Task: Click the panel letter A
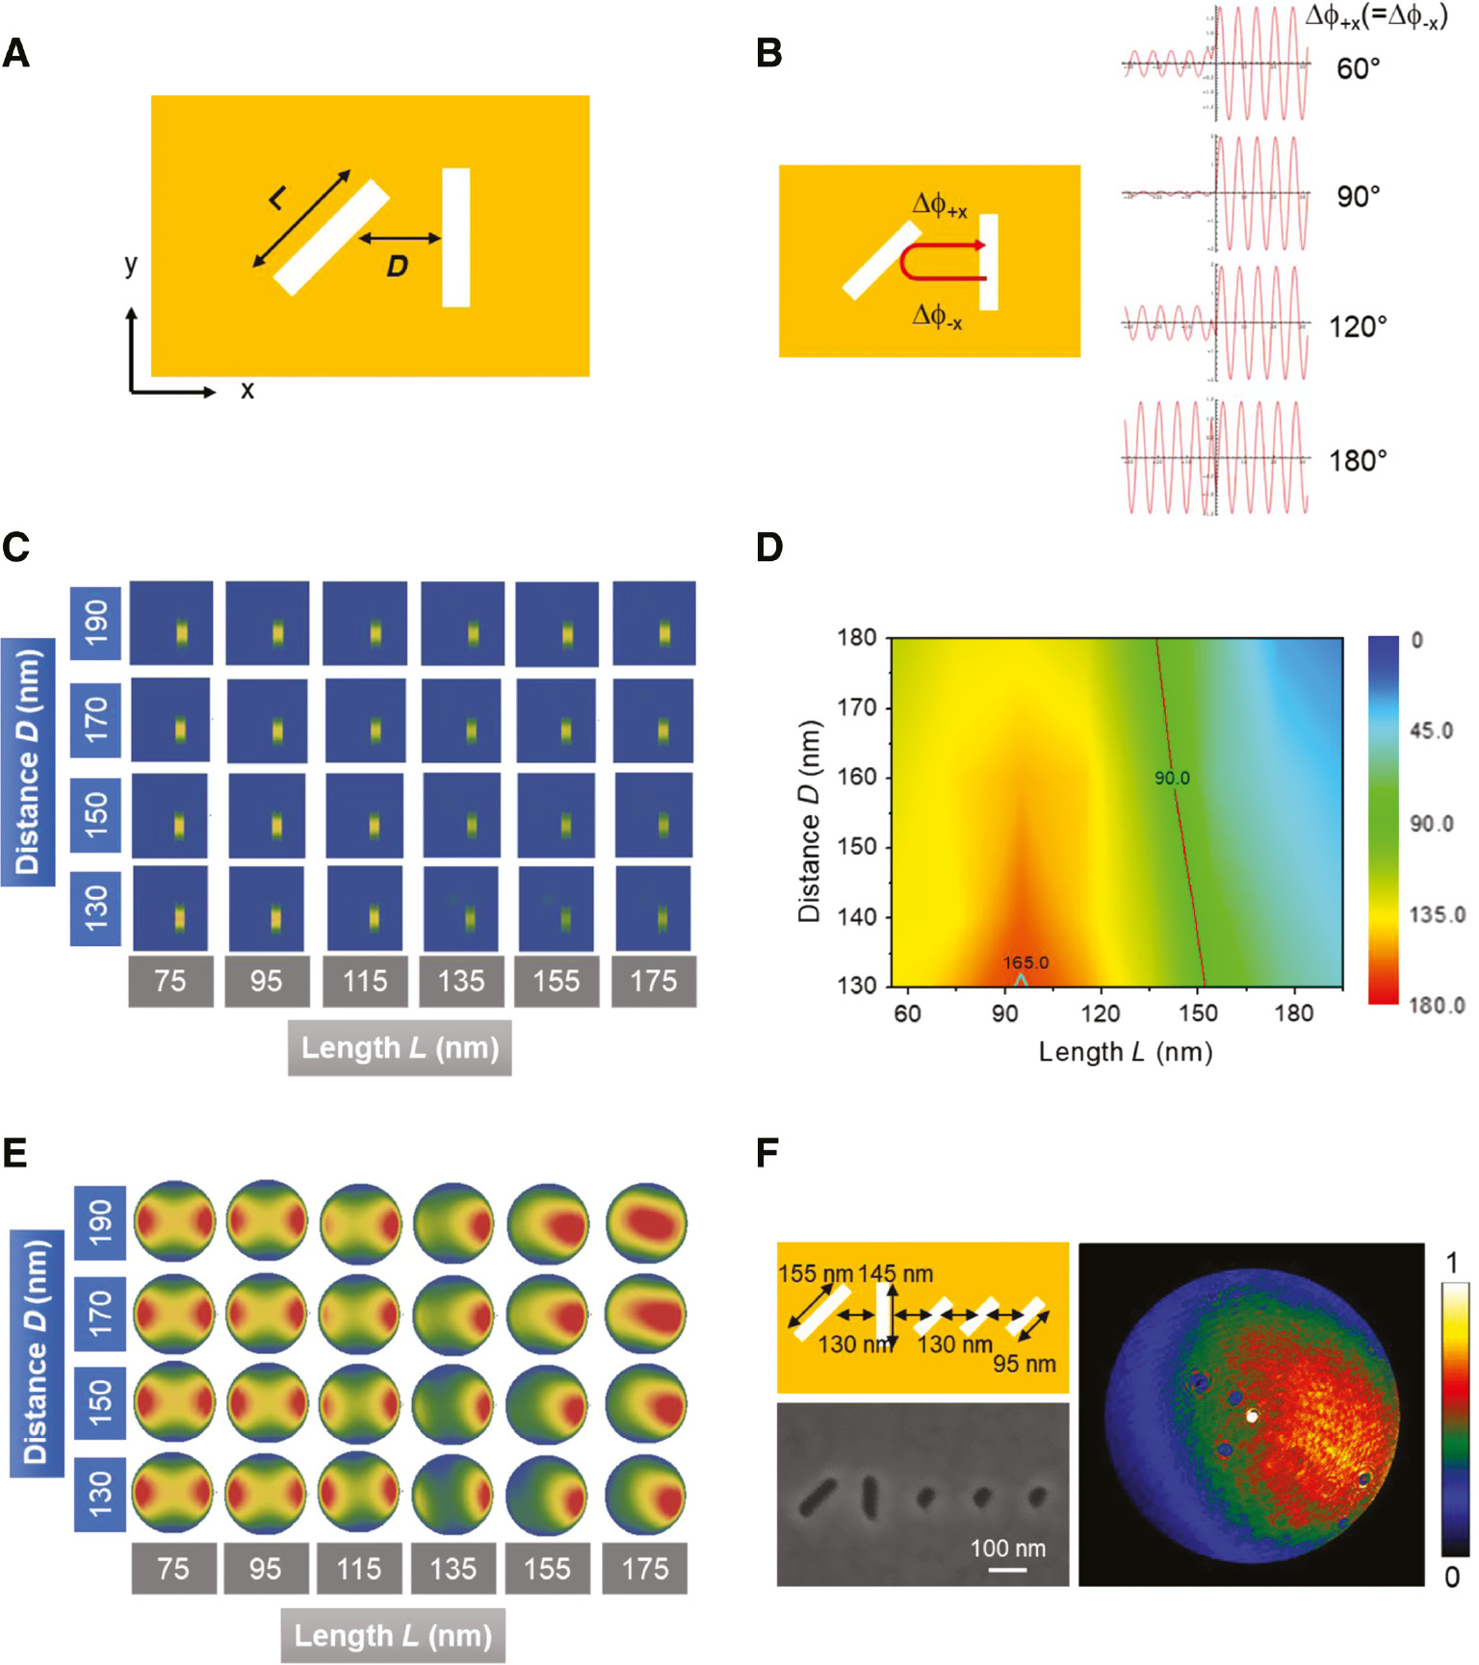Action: (x=15, y=54)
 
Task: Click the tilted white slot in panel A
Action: (x=331, y=237)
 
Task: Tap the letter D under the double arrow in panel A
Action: (x=397, y=267)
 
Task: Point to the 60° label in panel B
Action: (x=1358, y=69)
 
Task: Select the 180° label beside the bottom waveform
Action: (x=1358, y=461)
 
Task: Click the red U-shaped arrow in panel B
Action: (x=939, y=262)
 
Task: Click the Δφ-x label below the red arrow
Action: (x=936, y=316)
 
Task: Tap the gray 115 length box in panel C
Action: (x=364, y=982)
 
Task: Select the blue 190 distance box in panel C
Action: (x=96, y=623)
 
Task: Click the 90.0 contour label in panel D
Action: (x=1172, y=778)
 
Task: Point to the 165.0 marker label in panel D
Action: (x=1025, y=962)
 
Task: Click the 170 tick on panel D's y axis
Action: (x=856, y=707)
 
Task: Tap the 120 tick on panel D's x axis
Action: (x=1101, y=1013)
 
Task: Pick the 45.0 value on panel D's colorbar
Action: (x=1431, y=731)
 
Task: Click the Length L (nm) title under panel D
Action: (x=1125, y=1052)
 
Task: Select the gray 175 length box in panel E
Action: (x=644, y=1569)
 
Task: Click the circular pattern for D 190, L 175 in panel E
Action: (x=646, y=1221)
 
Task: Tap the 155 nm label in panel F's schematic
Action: (x=815, y=1274)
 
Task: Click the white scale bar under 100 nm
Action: (x=1007, y=1570)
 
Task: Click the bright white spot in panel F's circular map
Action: (x=1252, y=1416)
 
